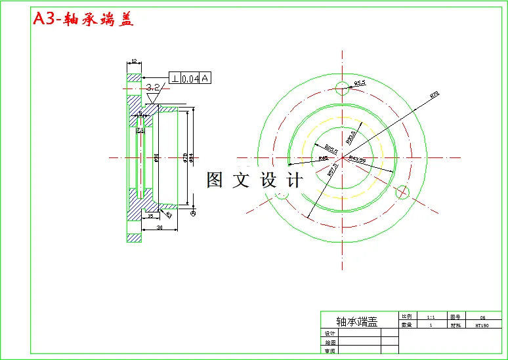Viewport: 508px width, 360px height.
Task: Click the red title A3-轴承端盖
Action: pos(83,20)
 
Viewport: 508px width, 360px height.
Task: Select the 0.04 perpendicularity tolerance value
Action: pos(190,79)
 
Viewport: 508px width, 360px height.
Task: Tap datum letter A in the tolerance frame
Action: pos(205,79)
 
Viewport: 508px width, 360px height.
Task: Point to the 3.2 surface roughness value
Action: pos(152,87)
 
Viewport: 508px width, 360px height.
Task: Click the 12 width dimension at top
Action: pos(134,61)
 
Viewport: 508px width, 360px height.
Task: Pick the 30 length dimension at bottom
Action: pos(160,227)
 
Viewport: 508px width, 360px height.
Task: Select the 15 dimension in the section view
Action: pos(150,215)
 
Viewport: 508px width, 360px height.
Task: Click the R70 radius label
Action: pos(434,95)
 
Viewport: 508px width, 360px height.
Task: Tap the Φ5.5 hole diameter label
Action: pos(360,83)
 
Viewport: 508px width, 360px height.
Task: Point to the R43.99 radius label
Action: pos(357,159)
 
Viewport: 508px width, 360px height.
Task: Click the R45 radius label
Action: pos(324,158)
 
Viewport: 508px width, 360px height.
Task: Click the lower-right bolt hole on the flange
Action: pos(403,192)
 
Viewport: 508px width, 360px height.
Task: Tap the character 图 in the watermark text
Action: pos(215,180)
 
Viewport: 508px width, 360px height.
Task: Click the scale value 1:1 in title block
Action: pos(431,315)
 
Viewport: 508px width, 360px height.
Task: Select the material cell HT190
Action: pos(482,325)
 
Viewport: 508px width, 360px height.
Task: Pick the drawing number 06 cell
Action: pos(482,315)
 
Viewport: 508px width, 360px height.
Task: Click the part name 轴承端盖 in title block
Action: pos(357,321)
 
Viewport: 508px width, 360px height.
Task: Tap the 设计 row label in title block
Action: pos(329,333)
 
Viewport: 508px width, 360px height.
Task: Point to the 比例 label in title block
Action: pos(406,315)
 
